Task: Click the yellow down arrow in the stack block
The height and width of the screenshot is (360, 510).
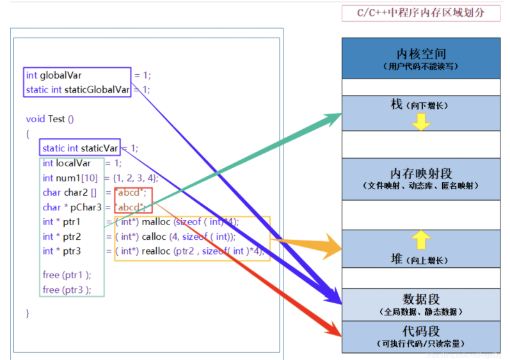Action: coord(421,122)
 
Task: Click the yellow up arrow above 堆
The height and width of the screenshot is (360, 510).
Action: coord(421,240)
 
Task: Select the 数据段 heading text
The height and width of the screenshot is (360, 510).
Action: coord(421,299)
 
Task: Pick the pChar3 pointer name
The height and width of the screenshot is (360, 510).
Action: coord(83,207)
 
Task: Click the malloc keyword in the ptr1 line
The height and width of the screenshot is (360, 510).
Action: coord(156,222)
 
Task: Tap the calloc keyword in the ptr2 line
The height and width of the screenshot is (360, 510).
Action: coord(154,237)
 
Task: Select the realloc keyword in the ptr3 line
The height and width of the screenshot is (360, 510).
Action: coord(156,251)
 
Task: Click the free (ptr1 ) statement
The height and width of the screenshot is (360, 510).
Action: coord(67,275)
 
